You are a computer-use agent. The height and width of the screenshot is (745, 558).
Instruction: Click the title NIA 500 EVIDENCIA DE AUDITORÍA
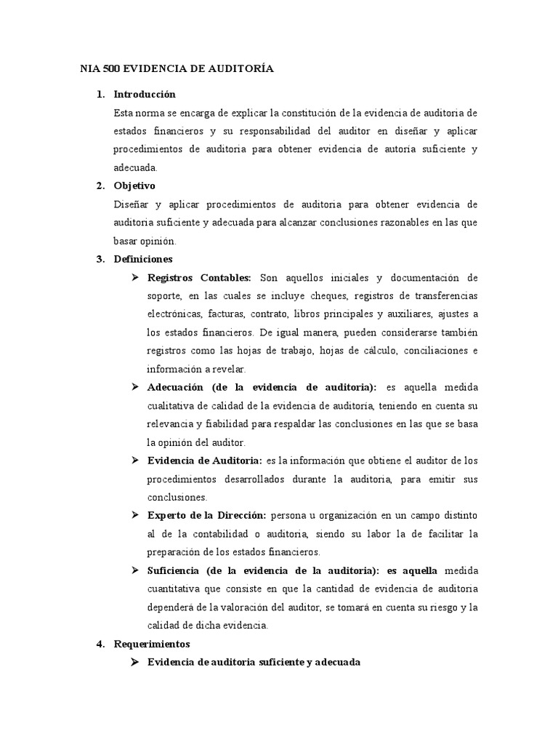tap(177, 69)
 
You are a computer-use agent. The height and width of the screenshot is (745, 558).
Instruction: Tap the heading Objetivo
tap(134, 186)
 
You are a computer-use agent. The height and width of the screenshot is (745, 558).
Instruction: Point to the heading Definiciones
tap(143, 259)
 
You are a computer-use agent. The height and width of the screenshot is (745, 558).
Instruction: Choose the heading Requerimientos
tap(152, 644)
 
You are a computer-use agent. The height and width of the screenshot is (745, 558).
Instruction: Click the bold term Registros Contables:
tap(199, 277)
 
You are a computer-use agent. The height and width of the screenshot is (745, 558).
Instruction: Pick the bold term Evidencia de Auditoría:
tap(205, 461)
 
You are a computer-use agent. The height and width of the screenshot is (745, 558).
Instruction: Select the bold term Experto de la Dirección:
tap(207, 516)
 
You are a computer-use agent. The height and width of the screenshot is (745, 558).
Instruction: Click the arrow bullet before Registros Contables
tap(135, 277)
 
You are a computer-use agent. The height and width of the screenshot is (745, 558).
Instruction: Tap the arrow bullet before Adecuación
tap(135, 387)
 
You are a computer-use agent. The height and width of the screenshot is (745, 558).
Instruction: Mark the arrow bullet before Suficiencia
tap(135, 570)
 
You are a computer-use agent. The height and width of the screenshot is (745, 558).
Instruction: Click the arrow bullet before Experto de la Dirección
tap(135, 516)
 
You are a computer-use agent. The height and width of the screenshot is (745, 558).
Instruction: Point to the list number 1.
tap(100, 95)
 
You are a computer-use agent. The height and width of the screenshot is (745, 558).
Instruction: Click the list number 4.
tap(100, 644)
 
